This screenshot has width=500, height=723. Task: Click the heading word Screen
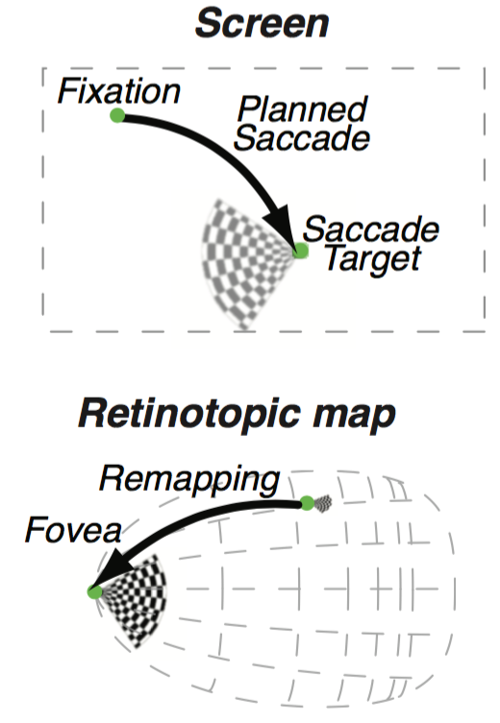click(x=262, y=23)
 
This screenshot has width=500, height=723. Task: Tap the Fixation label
click(x=118, y=91)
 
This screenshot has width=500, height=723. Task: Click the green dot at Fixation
click(x=117, y=115)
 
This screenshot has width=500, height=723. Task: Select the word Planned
click(x=302, y=109)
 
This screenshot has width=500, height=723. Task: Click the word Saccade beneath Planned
click(x=302, y=138)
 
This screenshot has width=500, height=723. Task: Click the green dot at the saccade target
click(x=301, y=251)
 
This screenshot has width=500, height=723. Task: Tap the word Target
click(x=373, y=259)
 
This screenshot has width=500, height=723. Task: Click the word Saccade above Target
click(x=371, y=229)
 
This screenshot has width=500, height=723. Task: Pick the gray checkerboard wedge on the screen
click(x=244, y=262)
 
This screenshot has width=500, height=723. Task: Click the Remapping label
click(x=189, y=480)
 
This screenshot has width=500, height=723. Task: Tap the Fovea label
click(x=73, y=530)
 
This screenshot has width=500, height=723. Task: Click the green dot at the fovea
click(x=94, y=591)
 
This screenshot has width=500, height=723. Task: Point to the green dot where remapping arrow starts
click(x=307, y=503)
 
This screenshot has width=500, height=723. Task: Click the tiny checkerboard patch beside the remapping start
click(x=323, y=503)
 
